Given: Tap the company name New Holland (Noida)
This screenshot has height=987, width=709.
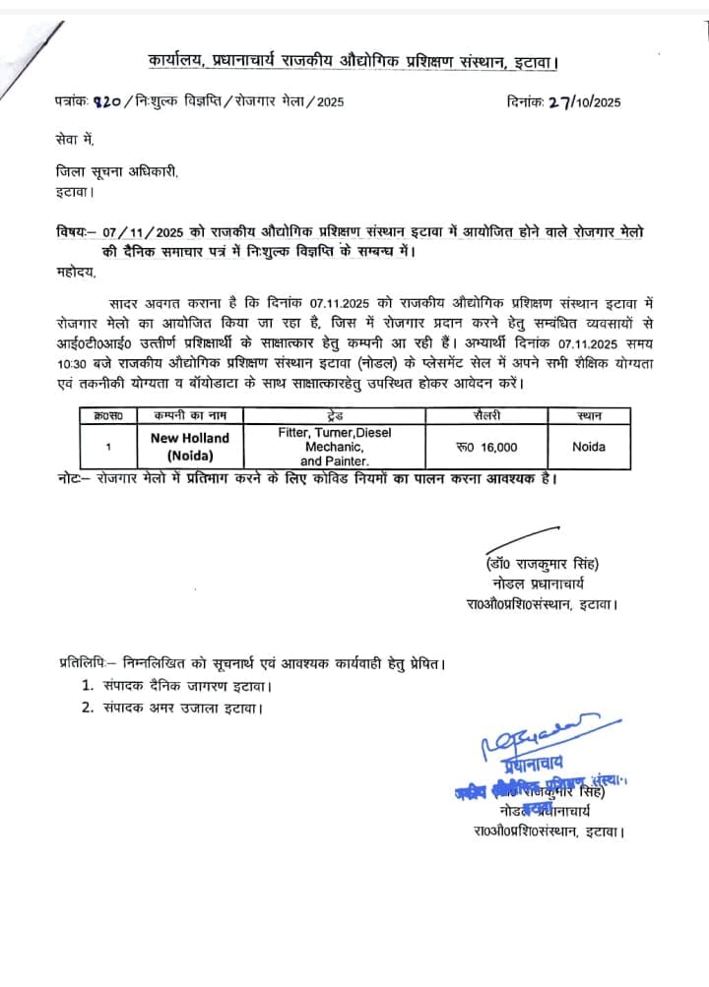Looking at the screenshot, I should [x=189, y=446].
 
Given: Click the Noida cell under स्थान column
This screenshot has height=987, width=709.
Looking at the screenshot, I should [x=589, y=447].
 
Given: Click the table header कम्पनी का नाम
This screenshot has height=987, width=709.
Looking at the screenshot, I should [x=189, y=416].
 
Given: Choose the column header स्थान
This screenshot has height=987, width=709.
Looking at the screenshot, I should [x=589, y=416].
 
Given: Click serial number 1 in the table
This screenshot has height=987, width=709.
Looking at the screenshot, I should [x=107, y=447].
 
